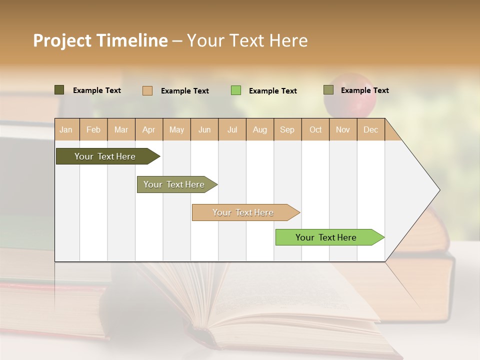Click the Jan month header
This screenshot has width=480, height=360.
[x=66, y=129]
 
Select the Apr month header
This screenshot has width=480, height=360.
[x=149, y=129]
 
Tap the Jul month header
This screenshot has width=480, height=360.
[x=232, y=129]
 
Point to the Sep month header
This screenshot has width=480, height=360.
[x=287, y=129]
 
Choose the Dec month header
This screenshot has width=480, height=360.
[x=370, y=129]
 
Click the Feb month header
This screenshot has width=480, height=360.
[x=93, y=129]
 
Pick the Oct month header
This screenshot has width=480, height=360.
[x=315, y=129]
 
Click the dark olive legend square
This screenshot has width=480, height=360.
[x=59, y=90]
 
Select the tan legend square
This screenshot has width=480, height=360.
[x=147, y=90]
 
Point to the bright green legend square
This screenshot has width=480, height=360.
[x=236, y=90]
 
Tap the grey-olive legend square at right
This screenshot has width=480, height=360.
[x=328, y=90]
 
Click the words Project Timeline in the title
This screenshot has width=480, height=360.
[x=100, y=40]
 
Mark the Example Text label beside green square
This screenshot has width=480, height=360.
[x=272, y=91]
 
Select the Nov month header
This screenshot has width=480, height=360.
[x=343, y=129]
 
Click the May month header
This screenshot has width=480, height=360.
[x=176, y=129]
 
